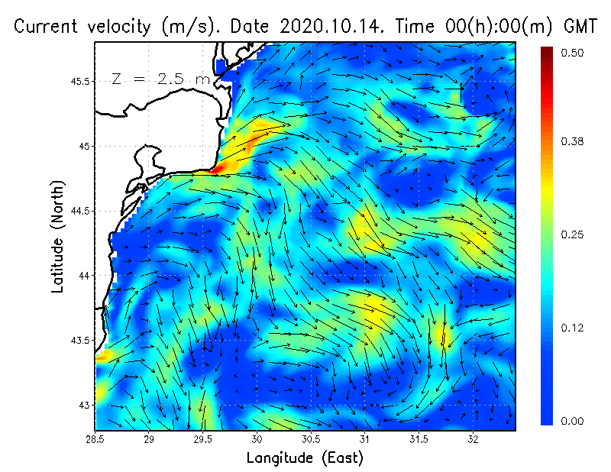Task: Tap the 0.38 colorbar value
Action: click(573, 141)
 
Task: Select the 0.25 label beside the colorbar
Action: click(573, 234)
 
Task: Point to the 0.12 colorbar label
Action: click(573, 328)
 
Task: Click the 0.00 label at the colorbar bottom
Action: click(573, 421)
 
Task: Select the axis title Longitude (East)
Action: click(305, 458)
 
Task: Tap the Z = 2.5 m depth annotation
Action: click(160, 79)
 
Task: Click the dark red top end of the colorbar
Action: click(547, 52)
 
